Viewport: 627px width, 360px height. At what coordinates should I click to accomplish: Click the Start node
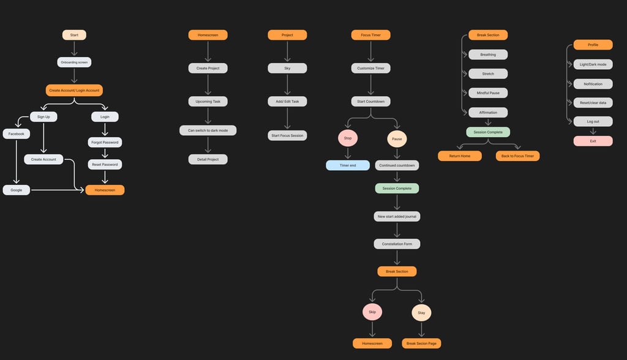(74, 35)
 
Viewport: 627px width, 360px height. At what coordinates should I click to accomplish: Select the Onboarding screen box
(74, 62)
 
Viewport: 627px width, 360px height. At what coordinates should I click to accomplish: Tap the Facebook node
(16, 133)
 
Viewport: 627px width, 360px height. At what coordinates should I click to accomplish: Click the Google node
(16, 190)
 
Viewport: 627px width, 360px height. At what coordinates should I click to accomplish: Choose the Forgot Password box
(105, 142)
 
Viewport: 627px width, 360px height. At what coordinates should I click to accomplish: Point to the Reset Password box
(105, 164)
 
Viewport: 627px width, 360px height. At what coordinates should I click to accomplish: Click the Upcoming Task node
(208, 101)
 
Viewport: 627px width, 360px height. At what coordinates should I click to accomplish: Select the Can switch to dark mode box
(208, 130)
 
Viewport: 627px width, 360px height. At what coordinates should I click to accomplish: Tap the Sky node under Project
(287, 68)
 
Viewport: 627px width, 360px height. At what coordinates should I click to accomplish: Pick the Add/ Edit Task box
(287, 101)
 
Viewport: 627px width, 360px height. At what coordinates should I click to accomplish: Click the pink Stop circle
(348, 138)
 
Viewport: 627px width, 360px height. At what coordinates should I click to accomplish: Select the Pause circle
(397, 139)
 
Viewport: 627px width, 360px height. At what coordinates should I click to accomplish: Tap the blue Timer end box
(348, 165)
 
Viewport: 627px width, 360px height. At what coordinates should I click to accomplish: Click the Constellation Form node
(397, 244)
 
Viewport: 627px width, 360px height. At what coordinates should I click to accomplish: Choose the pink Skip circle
(372, 312)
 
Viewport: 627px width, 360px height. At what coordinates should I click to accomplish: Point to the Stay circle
(421, 313)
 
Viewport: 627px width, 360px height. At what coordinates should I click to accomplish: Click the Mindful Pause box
(488, 93)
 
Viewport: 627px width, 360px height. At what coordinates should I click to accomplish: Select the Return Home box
(459, 156)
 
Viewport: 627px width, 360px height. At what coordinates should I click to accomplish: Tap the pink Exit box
(593, 141)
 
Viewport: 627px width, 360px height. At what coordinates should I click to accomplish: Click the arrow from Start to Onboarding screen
(74, 48)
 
